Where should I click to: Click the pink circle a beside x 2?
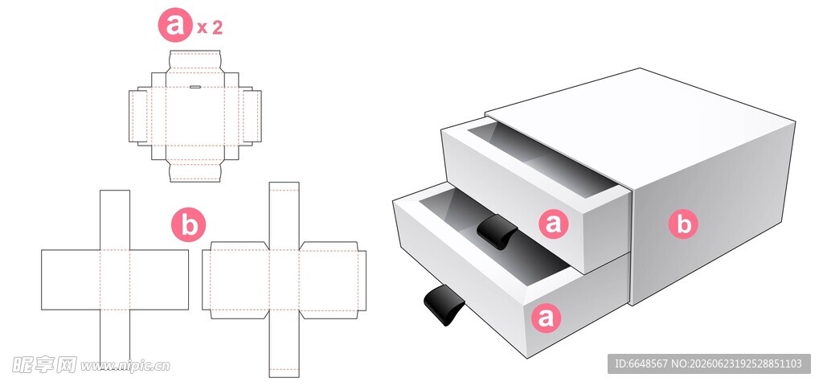point(175,26)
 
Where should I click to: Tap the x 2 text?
point(210,28)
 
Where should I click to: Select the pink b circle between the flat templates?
point(188,225)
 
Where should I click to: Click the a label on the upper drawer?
point(554,224)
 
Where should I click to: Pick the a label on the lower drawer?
point(546,318)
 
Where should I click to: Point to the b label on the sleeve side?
point(683,224)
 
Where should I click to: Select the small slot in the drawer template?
point(195,87)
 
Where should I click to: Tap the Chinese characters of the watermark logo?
point(45,364)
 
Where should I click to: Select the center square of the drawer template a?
point(195,116)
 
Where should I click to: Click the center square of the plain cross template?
point(115,279)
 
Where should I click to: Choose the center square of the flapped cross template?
point(285,279)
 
